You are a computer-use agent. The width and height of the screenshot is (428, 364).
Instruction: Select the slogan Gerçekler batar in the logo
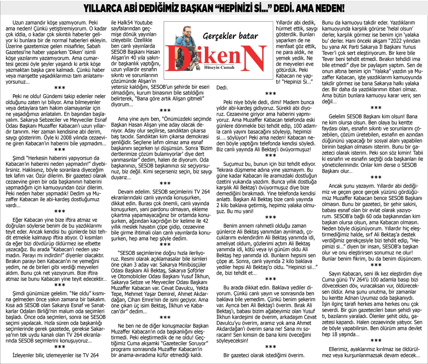230,36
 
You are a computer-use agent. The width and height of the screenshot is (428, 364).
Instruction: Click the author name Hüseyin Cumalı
219,67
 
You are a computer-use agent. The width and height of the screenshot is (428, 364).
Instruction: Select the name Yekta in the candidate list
202,288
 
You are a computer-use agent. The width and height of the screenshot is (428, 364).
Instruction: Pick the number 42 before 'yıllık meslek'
205,221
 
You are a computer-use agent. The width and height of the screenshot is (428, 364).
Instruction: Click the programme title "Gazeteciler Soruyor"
181,343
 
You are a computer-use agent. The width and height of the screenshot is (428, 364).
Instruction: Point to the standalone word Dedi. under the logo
222,88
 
